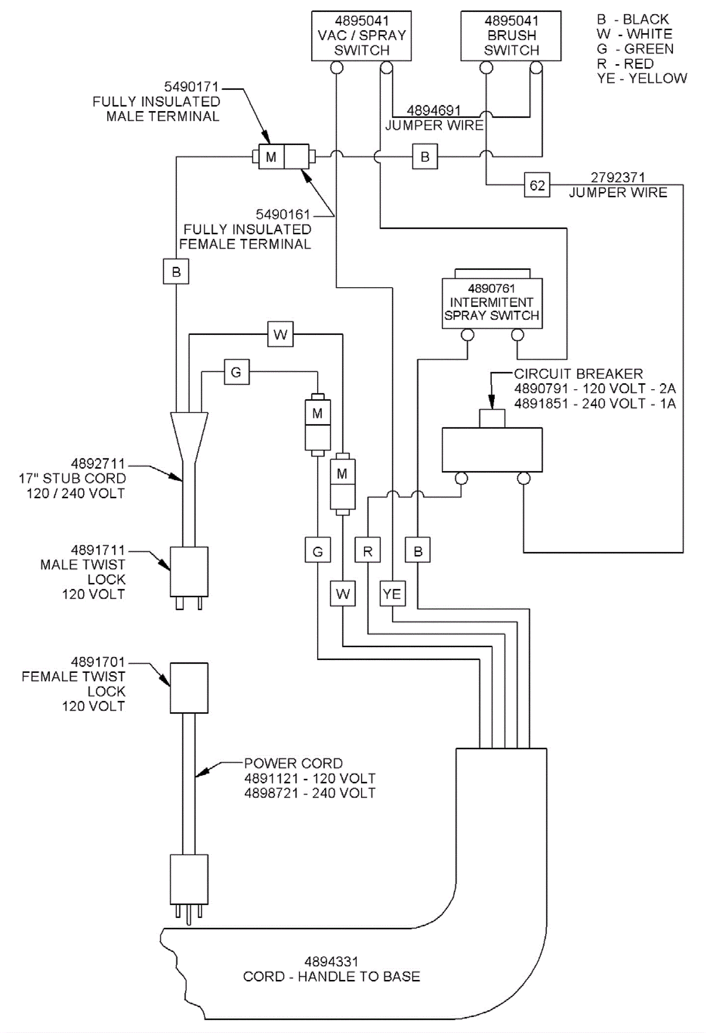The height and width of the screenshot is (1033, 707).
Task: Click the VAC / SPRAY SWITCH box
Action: click(x=361, y=35)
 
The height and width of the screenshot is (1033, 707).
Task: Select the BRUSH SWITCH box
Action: click(x=511, y=35)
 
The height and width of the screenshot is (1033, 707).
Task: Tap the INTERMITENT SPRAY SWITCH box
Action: click(x=492, y=303)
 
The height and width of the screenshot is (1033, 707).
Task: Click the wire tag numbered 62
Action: click(x=537, y=185)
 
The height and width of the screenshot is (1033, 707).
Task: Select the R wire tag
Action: click(x=368, y=551)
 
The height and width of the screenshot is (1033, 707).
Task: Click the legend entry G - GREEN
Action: click(x=635, y=49)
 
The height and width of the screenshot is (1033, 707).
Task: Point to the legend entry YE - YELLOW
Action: click(x=642, y=78)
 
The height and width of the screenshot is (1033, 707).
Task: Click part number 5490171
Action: click(x=191, y=87)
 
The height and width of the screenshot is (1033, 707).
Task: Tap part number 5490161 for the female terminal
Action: click(x=283, y=214)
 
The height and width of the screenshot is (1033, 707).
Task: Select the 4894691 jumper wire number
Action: click(x=433, y=110)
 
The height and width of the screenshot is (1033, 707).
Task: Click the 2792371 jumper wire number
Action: click(x=617, y=177)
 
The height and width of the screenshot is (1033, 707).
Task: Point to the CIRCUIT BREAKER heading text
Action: click(x=578, y=373)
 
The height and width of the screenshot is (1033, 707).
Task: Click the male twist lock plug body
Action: click(x=189, y=571)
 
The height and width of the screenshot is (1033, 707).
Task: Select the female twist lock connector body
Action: click(x=189, y=687)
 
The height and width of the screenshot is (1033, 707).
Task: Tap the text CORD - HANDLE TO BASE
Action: click(x=331, y=976)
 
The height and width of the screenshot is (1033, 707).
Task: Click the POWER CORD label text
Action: click(x=293, y=763)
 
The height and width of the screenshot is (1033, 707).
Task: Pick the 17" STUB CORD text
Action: click(x=72, y=478)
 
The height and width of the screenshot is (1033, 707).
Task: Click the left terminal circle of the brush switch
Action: click(x=487, y=68)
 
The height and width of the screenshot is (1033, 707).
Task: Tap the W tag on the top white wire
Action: click(x=280, y=334)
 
